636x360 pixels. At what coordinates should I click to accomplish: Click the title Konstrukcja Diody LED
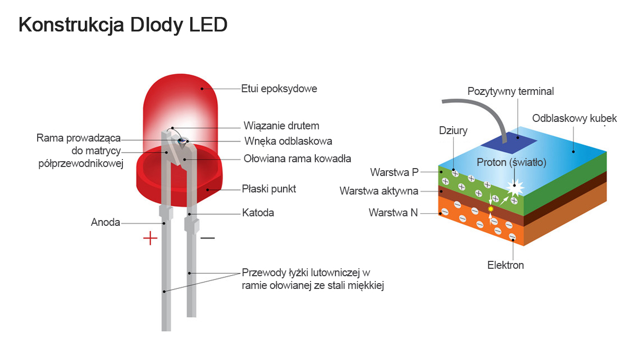click(x=123, y=25)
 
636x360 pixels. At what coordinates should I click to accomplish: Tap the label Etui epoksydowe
click(x=279, y=89)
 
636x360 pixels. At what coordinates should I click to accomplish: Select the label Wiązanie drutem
click(x=281, y=126)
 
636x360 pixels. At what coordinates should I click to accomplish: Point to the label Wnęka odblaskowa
click(x=288, y=141)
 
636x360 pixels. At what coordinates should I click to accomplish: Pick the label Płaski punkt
click(x=269, y=189)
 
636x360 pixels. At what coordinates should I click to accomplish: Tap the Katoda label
click(x=258, y=213)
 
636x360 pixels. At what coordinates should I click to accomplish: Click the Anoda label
click(x=105, y=222)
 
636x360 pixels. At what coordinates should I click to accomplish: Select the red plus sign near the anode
click(x=151, y=238)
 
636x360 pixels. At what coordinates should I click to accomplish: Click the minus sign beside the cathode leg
click(x=208, y=238)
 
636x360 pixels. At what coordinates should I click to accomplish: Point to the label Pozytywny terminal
click(x=510, y=91)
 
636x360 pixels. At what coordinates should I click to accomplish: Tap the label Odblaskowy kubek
click(x=575, y=118)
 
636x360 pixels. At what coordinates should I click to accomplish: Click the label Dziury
click(x=453, y=130)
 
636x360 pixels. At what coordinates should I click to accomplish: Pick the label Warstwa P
click(x=394, y=172)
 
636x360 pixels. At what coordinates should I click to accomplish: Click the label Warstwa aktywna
click(x=379, y=191)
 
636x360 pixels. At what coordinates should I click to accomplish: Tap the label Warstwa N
click(x=393, y=213)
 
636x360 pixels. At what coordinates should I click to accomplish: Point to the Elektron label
click(x=506, y=265)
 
